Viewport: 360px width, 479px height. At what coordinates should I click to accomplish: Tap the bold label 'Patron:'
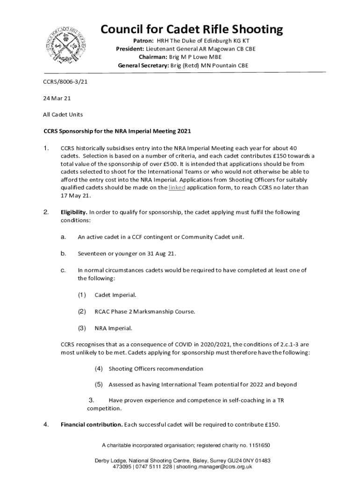point(144,41)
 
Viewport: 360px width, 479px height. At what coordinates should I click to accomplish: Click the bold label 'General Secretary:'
point(143,65)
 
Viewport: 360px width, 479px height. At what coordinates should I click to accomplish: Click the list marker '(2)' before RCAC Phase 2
point(82,311)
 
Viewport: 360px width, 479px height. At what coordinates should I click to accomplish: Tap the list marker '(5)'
point(99,385)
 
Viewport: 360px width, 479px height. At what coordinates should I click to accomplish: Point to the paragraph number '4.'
point(46,425)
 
